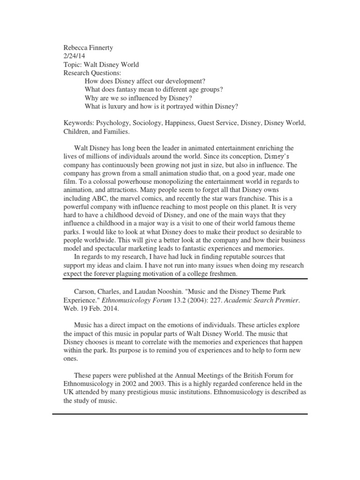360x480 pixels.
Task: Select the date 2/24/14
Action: tap(74, 56)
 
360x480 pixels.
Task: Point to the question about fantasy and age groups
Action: tap(154, 90)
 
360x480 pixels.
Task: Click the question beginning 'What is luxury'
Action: tap(161, 106)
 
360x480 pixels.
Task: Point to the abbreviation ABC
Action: tap(103, 198)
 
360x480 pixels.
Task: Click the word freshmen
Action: tap(223, 274)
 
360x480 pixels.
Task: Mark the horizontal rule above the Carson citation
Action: tap(180, 279)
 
